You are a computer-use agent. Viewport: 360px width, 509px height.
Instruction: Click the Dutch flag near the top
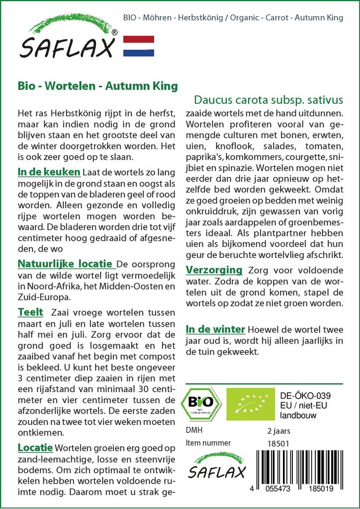[138, 46]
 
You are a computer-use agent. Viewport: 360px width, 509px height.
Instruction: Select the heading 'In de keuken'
[49, 172]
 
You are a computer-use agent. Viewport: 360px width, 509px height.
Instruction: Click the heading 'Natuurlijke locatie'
[66, 264]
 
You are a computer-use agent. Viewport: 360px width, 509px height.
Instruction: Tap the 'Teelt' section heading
[30, 313]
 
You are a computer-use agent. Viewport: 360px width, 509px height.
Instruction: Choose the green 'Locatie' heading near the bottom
[35, 447]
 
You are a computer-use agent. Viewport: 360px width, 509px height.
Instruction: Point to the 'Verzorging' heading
[214, 270]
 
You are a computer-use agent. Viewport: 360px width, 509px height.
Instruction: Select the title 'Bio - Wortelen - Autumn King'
[97, 86]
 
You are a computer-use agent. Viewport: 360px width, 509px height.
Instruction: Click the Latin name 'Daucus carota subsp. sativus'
[269, 99]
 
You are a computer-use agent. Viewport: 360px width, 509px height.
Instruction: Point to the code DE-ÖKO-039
[305, 396]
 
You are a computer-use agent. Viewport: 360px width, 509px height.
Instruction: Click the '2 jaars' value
[278, 430]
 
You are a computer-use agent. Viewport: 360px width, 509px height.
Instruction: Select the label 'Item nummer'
[208, 443]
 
